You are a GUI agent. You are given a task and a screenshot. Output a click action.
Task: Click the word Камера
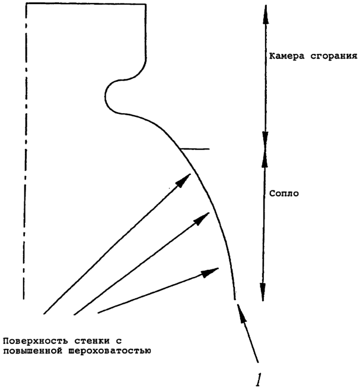286,56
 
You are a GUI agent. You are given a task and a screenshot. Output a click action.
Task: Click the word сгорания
334,56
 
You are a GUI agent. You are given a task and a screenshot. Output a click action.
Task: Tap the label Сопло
284,193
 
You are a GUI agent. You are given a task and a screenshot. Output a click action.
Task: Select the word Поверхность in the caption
35,341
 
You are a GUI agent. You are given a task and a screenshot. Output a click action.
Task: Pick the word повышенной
33,351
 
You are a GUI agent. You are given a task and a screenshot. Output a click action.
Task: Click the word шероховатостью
110,351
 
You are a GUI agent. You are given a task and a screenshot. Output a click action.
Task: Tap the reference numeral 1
258,380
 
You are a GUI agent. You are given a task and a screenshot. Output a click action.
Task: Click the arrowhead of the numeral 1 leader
241,313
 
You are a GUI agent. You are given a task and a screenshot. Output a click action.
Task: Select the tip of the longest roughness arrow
191,174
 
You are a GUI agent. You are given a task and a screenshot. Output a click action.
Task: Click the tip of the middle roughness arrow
209,212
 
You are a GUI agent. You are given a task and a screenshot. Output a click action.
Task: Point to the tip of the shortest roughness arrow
219,268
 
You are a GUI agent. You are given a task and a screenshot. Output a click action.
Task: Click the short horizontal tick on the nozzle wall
195,149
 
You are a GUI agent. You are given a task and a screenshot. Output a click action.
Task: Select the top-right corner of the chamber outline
146,4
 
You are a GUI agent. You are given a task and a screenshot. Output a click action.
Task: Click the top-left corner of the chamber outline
27,3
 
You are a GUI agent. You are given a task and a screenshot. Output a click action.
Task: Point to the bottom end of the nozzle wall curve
235,299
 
